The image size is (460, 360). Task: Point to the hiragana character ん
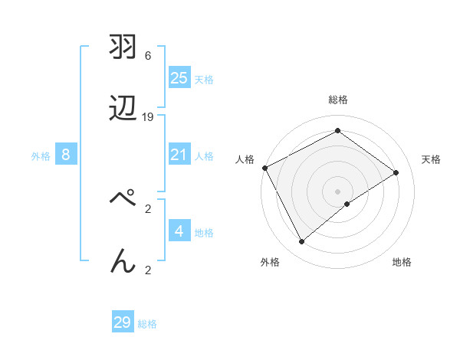click(123, 260)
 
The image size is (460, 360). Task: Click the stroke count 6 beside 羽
click(148, 56)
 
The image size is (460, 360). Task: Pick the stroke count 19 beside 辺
click(148, 117)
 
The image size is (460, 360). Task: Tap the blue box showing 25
click(179, 77)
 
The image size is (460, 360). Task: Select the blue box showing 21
click(179, 155)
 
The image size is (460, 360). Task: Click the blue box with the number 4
click(179, 231)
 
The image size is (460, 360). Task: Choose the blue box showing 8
click(66, 155)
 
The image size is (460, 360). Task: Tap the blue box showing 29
click(123, 322)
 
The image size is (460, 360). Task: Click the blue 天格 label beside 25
click(204, 79)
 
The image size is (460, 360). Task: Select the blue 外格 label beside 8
click(41, 156)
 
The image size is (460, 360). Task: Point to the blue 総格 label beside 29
click(147, 324)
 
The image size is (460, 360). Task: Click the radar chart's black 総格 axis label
click(338, 100)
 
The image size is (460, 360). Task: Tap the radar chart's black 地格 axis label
click(402, 262)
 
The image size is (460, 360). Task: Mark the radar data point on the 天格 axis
click(396, 172)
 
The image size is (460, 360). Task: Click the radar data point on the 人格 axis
click(264, 168)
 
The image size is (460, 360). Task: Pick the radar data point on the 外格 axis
click(301, 242)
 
